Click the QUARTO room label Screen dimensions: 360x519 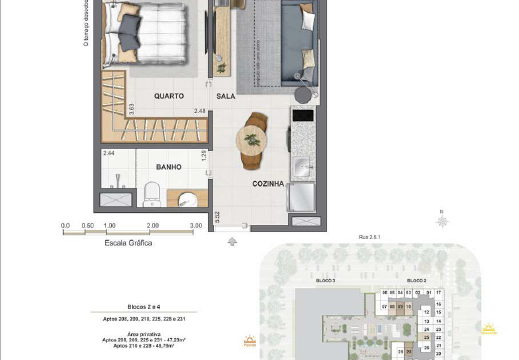pyautogui.click(x=167, y=97)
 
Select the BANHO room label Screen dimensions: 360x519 pyautogui.click(x=167, y=169)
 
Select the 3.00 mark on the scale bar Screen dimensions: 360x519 pyautogui.click(x=196, y=226)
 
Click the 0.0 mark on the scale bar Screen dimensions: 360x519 pyautogui.click(x=66, y=226)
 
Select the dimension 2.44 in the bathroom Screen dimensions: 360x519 pyautogui.click(x=109, y=154)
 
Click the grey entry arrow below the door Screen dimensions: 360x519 pyautogui.click(x=232, y=240)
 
